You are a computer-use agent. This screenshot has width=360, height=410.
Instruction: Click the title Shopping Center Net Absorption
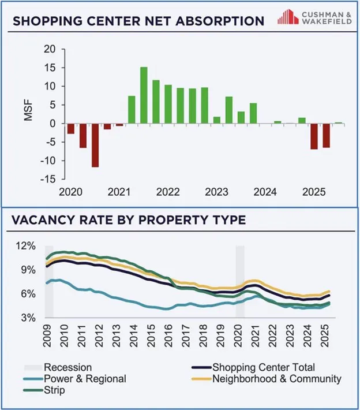[138, 21]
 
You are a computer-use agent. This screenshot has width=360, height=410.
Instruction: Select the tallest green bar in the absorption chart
[144, 95]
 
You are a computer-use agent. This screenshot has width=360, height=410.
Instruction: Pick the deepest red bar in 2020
[95, 146]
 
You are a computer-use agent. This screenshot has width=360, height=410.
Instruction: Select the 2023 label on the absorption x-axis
[217, 191]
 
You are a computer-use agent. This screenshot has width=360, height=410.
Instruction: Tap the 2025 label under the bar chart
[314, 191]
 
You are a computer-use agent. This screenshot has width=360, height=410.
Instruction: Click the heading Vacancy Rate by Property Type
[129, 220]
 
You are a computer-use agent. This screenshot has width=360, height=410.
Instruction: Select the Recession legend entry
[67, 367]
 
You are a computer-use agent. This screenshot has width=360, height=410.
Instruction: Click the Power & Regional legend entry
[84, 379]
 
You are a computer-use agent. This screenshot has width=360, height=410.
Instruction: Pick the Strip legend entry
[55, 390]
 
